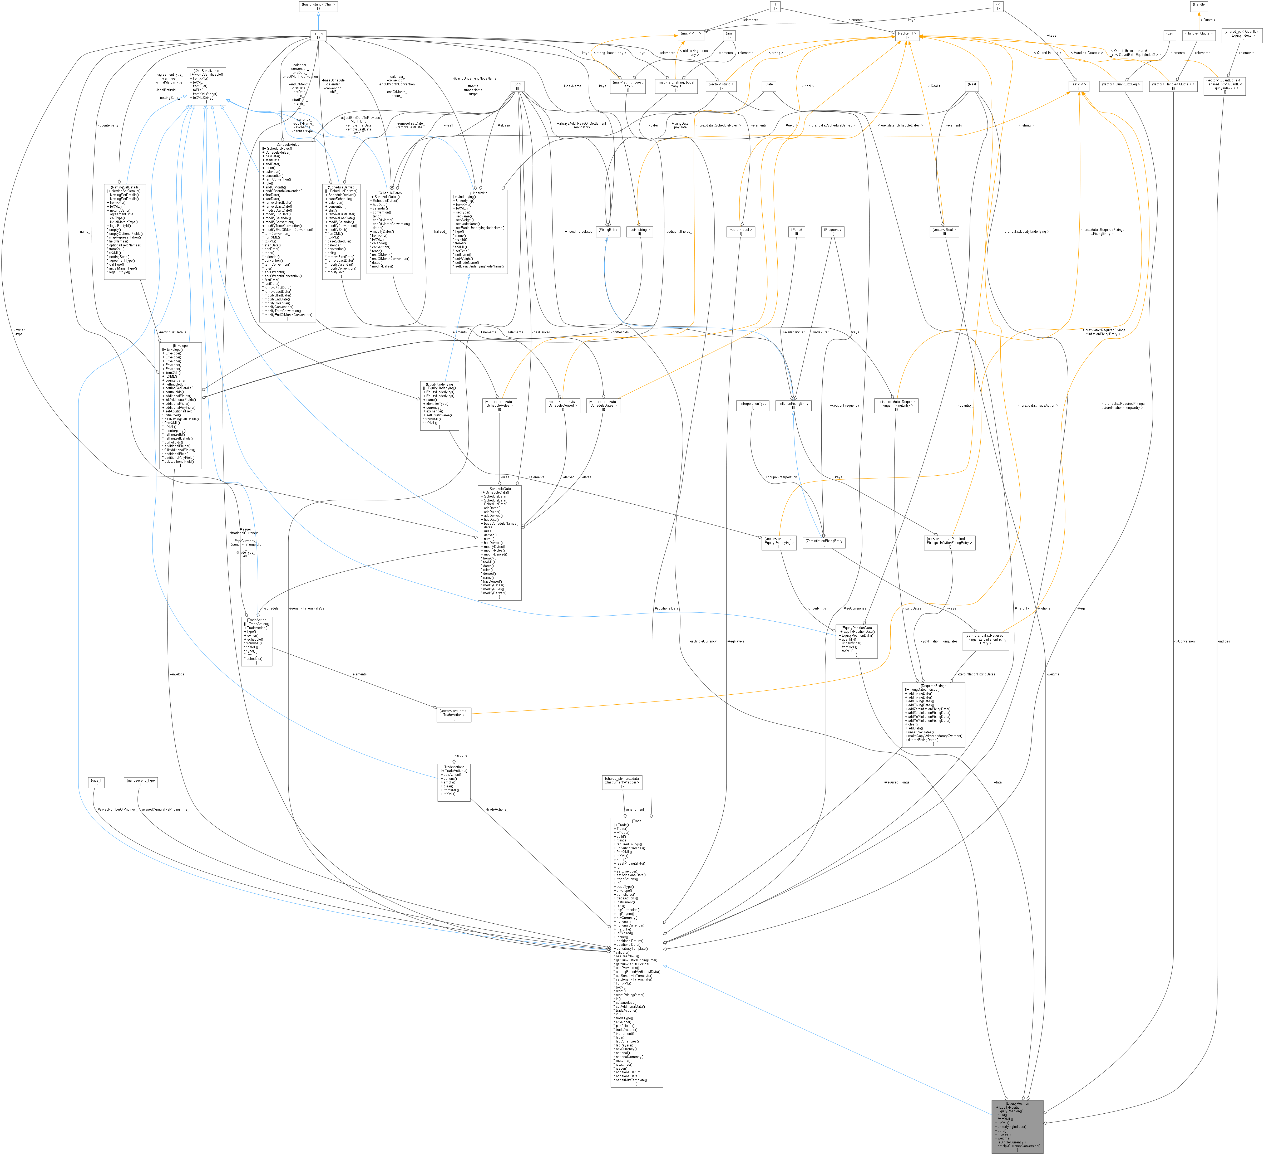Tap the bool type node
(517, 86)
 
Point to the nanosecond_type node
(140, 782)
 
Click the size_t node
(96, 782)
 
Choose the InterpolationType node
(752, 405)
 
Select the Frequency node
(833, 232)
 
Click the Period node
(796, 232)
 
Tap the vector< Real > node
(944, 232)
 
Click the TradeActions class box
(453, 782)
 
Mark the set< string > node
(640, 232)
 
